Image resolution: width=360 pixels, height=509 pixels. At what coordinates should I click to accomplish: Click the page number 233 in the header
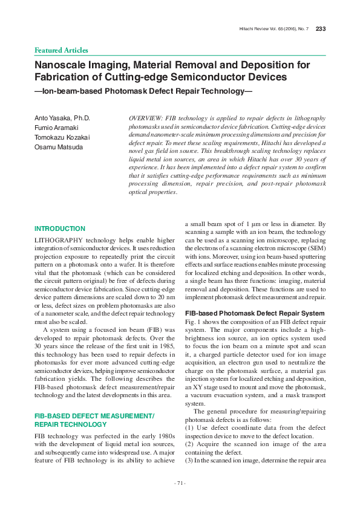pos(321,29)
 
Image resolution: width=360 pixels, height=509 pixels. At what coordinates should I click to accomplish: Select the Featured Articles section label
pos(61,50)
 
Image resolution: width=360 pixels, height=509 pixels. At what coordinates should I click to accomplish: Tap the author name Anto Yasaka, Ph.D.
pos(62,117)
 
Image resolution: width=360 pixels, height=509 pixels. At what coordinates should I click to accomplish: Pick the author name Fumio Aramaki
pos(57,127)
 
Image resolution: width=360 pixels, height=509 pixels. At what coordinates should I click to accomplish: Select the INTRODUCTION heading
pos(60,229)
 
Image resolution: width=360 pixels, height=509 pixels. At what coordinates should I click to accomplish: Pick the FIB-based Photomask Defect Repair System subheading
pos(255,313)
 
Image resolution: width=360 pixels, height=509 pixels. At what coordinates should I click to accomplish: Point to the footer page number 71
pos(180,482)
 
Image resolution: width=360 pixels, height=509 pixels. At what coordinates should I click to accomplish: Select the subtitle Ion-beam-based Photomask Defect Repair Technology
pos(143,91)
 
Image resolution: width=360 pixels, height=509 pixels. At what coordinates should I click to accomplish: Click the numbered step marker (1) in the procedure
pos(189,427)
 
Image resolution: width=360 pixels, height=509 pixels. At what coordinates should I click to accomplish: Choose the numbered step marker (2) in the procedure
pos(189,444)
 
